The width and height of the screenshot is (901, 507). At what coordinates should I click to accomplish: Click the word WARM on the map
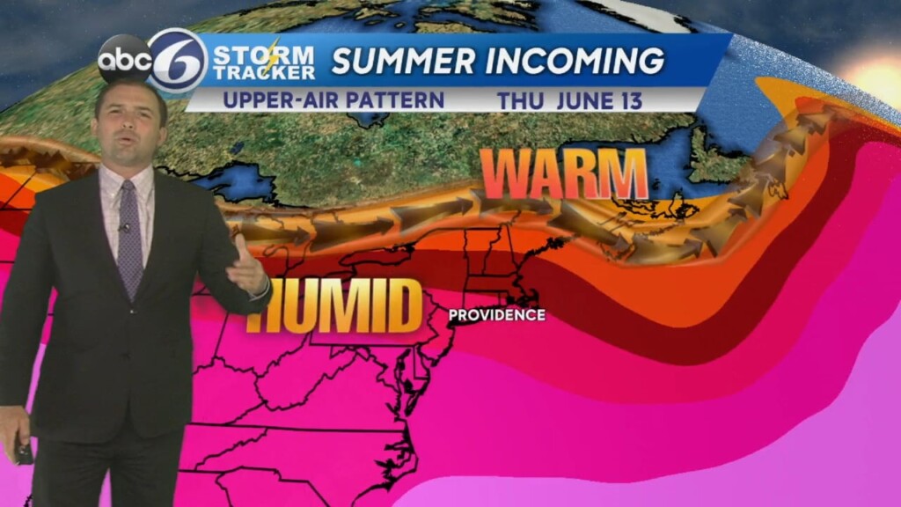564,173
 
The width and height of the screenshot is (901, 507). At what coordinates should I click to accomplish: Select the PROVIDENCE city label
496,315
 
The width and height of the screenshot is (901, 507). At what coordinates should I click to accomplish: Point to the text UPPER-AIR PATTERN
333,99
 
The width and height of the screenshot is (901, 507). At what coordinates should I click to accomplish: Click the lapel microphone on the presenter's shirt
125,228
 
